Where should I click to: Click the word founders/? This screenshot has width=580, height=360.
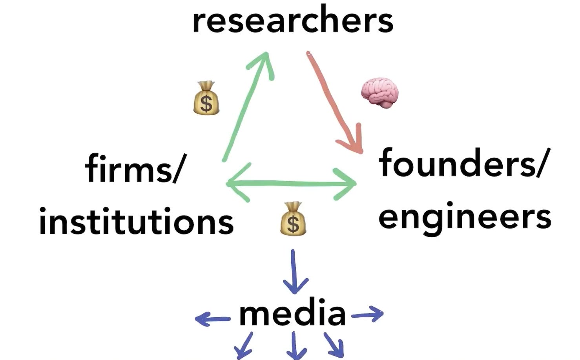tap(462, 163)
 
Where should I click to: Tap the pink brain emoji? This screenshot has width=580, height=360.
tap(379, 92)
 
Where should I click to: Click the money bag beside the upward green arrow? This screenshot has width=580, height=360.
tap(206, 98)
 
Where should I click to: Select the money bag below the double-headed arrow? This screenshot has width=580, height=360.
tap(293, 219)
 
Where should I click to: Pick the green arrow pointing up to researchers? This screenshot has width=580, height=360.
tap(247, 106)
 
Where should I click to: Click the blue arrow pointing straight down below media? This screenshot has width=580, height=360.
tap(295, 345)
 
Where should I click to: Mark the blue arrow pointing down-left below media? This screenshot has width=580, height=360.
tap(244, 345)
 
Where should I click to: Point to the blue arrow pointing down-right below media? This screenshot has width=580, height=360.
tap(335, 345)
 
